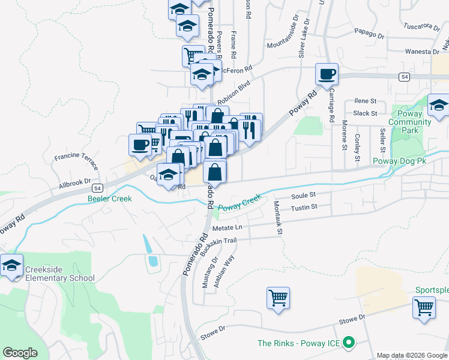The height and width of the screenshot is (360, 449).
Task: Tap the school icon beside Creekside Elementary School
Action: coord(11,265)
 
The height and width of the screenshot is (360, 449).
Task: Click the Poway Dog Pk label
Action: coord(399,161)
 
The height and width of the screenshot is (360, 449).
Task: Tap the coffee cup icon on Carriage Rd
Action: coord(327,74)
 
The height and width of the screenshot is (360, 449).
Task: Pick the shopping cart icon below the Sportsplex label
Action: coord(424,307)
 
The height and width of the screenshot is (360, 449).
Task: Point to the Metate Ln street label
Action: coord(231,227)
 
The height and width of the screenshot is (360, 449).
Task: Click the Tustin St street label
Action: coord(303,207)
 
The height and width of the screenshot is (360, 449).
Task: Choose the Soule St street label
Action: coord(303,195)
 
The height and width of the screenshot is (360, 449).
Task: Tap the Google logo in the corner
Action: coord(20,353)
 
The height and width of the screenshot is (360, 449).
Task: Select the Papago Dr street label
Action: coord(368,34)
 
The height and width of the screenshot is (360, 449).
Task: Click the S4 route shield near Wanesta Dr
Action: coord(405,77)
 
